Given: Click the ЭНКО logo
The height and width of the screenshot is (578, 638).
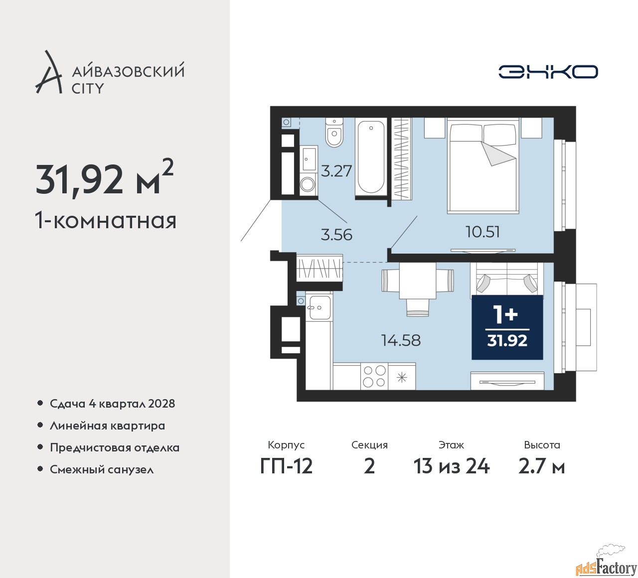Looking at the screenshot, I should point(548,72).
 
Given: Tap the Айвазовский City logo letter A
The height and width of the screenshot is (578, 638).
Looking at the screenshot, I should point(49,73).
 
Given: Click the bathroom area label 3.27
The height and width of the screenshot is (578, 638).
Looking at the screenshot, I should point(336,171).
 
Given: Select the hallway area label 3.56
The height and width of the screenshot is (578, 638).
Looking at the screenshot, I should point(336,234).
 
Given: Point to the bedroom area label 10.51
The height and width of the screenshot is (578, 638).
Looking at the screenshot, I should point(482,232).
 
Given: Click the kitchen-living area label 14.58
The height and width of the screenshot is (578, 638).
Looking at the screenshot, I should point(401,340).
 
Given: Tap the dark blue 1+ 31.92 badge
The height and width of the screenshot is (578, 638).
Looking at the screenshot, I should point(507,327).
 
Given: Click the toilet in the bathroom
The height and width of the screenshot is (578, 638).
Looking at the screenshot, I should point(334,132).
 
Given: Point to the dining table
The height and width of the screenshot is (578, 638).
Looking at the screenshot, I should point(418,281).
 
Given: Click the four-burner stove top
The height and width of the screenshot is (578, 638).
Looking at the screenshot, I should point(374,376).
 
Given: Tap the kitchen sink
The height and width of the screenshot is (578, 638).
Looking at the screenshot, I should point(319,307).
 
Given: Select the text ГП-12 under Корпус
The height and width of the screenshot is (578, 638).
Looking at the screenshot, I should point(286,466).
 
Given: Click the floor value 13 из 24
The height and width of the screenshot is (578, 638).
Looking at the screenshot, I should point(451,466).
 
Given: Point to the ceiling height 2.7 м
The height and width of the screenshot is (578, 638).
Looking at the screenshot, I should point(541,466).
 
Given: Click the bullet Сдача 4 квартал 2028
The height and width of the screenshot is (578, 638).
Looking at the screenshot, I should point(112,404).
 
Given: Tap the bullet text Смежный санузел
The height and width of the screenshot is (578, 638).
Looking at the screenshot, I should point(102,469).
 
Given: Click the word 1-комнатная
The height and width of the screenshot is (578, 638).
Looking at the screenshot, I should point(106,220).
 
